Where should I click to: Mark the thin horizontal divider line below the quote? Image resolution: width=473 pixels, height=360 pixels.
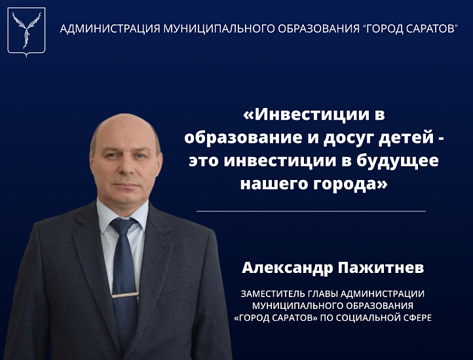pos(311,211)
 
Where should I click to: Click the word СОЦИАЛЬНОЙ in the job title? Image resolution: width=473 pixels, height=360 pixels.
pos(377,317)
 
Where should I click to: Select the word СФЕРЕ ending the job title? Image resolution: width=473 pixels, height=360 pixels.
pos(420,317)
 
